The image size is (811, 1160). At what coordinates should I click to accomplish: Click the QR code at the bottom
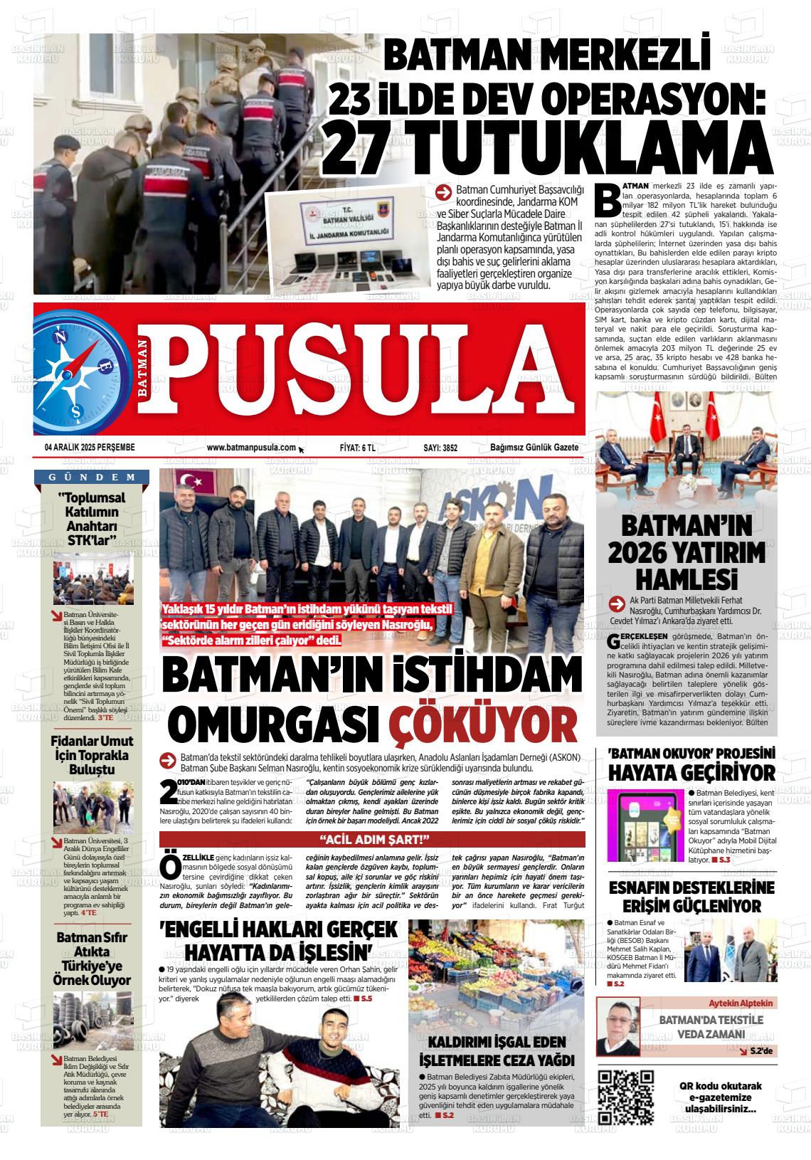[625, 1097]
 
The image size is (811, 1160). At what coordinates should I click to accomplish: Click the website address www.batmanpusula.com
[251, 448]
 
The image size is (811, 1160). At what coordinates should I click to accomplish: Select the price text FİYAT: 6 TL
[357, 448]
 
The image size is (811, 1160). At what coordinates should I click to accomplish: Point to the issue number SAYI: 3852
[440, 448]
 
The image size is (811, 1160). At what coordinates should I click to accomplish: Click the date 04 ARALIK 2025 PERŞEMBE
[90, 448]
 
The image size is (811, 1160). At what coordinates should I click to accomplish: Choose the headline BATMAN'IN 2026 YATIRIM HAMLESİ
[687, 552]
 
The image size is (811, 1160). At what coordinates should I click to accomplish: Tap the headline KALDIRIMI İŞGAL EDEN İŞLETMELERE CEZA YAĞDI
[497, 1051]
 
